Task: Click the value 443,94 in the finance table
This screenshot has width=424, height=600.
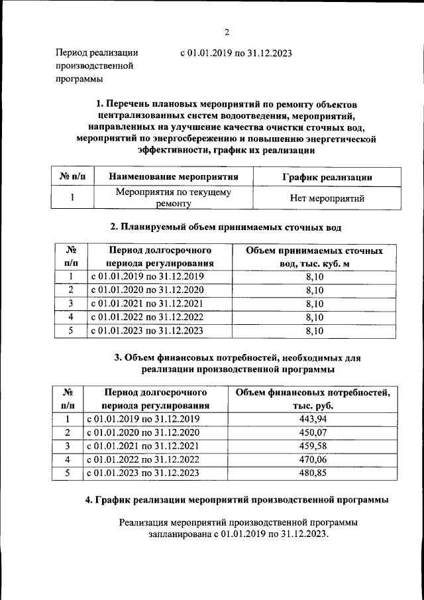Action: [x=315, y=419]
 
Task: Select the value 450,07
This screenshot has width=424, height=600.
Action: [x=315, y=433]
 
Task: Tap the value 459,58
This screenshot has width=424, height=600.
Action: [x=315, y=446]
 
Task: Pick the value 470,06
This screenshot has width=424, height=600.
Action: [x=315, y=459]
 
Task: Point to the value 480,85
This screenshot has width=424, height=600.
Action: [x=315, y=473]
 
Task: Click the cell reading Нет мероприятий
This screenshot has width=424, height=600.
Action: [x=327, y=198]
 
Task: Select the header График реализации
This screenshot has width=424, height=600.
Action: [x=327, y=177]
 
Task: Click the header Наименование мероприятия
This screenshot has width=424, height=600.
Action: [x=173, y=177]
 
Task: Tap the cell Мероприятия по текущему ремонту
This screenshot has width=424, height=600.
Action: [x=173, y=198]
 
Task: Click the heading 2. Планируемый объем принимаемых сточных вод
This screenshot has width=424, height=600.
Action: [x=225, y=227]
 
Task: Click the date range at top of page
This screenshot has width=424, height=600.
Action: [x=236, y=53]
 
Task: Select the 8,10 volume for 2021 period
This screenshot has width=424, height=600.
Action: [x=314, y=304]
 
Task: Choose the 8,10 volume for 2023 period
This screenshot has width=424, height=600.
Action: [x=314, y=330]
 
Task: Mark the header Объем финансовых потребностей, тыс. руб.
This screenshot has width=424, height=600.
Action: [x=313, y=398]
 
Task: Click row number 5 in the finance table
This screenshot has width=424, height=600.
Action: [x=67, y=473]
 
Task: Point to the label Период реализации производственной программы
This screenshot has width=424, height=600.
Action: [x=97, y=66]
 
